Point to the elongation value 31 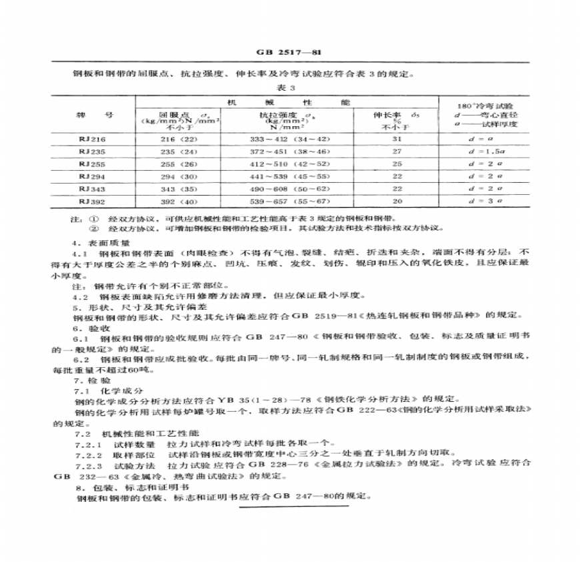point(397,138)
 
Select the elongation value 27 point(397,151)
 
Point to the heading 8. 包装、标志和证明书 point(123,487)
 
